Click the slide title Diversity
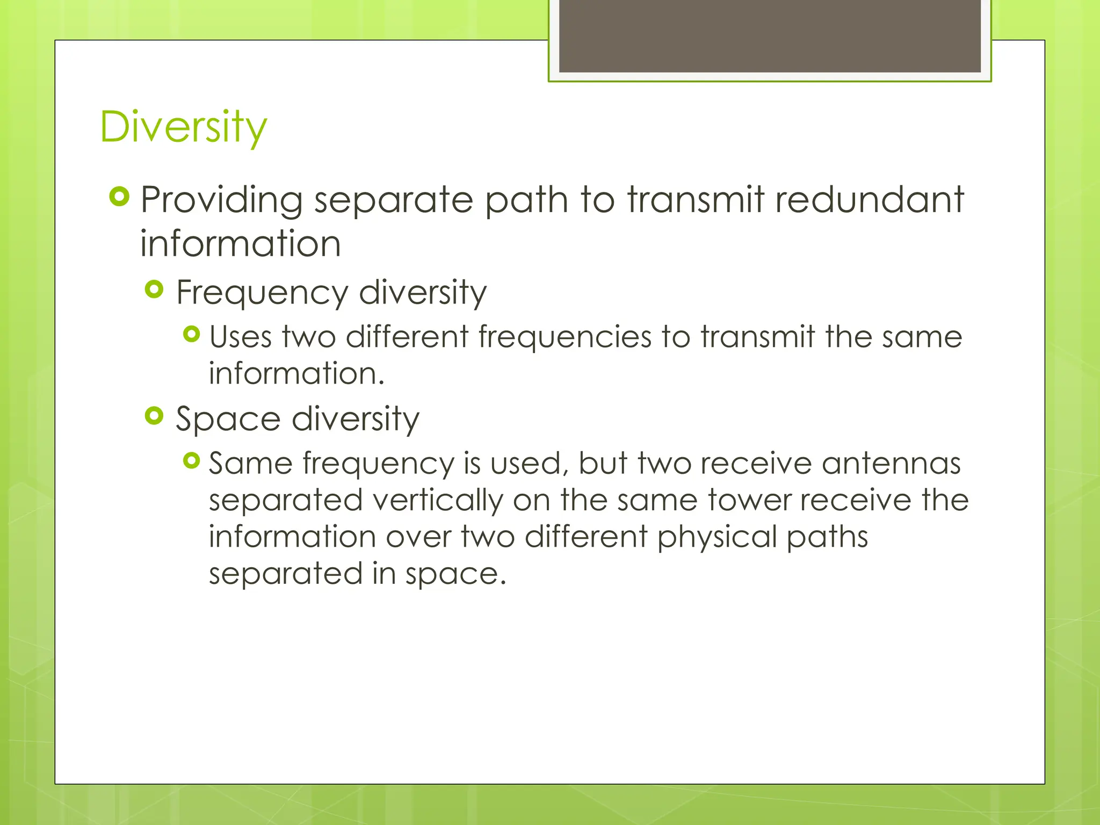click(183, 127)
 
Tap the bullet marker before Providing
click(119, 197)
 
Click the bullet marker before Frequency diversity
click(154, 290)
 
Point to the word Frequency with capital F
click(262, 293)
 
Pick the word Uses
click(240, 337)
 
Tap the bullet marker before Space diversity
click(154, 416)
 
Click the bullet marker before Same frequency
click(191, 460)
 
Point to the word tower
click(749, 500)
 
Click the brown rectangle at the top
click(770, 35)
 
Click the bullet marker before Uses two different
click(191, 335)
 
